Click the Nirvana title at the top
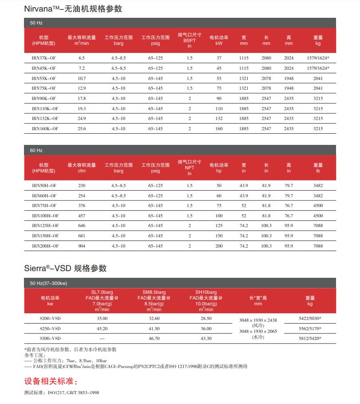(x=73, y=8)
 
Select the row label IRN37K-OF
(x=44, y=58)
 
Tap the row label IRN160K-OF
(x=44, y=128)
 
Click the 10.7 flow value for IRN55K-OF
(x=81, y=78)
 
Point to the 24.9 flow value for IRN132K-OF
(x=81, y=119)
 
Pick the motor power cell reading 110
(x=218, y=108)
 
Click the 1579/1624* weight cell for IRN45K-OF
(x=318, y=68)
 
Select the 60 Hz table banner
(x=36, y=151)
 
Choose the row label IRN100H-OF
(x=44, y=216)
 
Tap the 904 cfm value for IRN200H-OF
(x=81, y=246)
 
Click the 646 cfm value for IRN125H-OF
(x=81, y=226)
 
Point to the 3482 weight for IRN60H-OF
(x=318, y=196)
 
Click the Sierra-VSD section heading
(x=65, y=268)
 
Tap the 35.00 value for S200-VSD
(x=102, y=319)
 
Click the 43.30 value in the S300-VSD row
(x=206, y=339)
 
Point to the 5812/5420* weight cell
(x=310, y=339)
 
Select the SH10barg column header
(x=206, y=292)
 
